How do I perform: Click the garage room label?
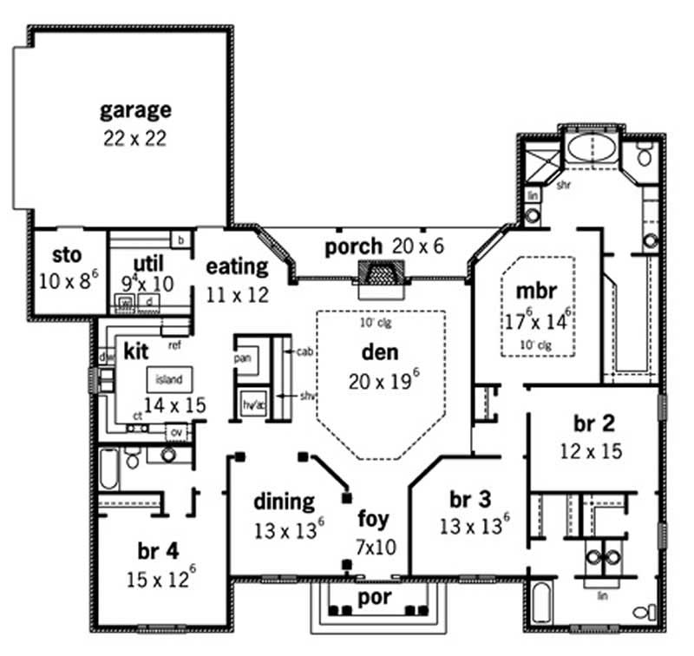click(x=134, y=110)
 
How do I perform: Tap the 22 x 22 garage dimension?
click(x=134, y=137)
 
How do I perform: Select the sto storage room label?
click(x=67, y=255)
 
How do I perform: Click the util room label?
click(x=149, y=262)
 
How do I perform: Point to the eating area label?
click(x=237, y=266)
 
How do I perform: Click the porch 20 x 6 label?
click(x=384, y=247)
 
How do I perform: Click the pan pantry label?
click(x=242, y=357)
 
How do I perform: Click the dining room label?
click(x=284, y=502)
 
